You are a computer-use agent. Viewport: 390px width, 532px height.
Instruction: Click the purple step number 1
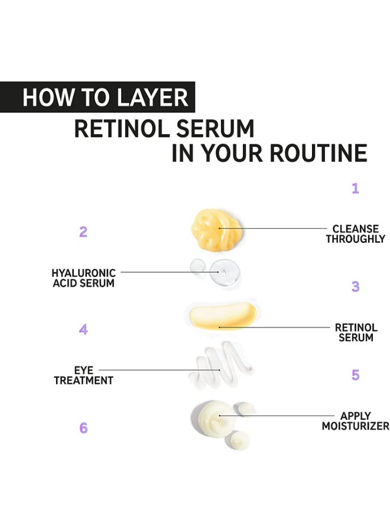click(x=355, y=189)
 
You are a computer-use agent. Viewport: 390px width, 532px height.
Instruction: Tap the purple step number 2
click(x=83, y=232)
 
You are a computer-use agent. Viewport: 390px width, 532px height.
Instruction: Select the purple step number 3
click(x=355, y=286)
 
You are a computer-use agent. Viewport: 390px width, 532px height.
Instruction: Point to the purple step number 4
click(x=83, y=329)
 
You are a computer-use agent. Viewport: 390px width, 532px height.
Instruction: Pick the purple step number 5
click(x=355, y=375)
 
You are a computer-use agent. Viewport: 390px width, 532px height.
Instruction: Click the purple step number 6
click(x=83, y=428)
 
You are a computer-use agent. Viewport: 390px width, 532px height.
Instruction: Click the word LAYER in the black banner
click(x=152, y=98)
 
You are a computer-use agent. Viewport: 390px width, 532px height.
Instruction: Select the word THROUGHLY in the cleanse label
click(x=355, y=239)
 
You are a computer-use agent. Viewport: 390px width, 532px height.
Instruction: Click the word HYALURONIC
click(x=83, y=273)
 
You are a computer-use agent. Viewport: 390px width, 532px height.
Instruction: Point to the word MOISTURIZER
click(x=355, y=426)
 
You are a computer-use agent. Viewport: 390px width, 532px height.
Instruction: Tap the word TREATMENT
click(x=83, y=380)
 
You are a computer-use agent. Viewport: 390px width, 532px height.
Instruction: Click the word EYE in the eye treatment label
click(x=83, y=370)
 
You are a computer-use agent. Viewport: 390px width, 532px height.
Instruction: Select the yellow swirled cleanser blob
click(x=217, y=230)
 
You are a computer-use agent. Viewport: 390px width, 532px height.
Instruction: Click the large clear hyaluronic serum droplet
click(x=225, y=272)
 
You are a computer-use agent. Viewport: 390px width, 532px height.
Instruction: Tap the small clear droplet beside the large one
click(x=198, y=267)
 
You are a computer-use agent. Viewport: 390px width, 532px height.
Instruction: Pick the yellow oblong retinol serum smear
click(x=222, y=316)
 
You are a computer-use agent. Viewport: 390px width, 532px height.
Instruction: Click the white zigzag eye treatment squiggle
click(x=221, y=366)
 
